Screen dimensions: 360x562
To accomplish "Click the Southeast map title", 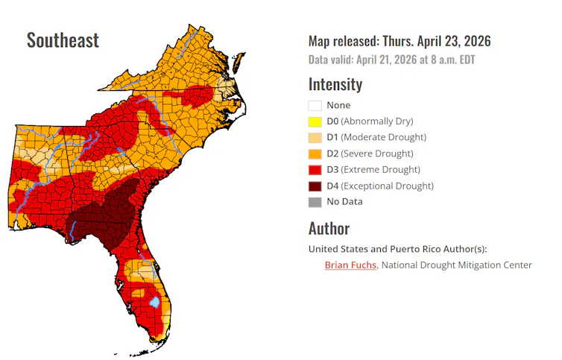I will click(x=63, y=40).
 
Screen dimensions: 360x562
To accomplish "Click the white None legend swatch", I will click(x=315, y=105).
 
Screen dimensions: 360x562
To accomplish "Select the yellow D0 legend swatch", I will click(x=315, y=121).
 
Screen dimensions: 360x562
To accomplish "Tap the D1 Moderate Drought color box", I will click(x=315, y=137).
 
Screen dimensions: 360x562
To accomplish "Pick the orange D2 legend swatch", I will click(x=315, y=154).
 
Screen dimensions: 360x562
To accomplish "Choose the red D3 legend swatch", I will click(x=315, y=170).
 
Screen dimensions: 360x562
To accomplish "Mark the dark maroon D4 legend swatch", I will click(x=315, y=186).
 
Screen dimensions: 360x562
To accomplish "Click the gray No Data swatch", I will click(x=315, y=202).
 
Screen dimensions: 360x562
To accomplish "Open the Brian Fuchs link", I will click(x=350, y=265).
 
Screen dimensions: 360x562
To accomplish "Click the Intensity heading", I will click(x=335, y=84).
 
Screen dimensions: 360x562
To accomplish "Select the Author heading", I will click(x=329, y=228).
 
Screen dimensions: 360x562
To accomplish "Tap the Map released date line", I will click(x=400, y=41).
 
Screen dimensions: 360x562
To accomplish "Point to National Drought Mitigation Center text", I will click(x=457, y=265).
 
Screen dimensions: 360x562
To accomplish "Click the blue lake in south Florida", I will click(x=155, y=303).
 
